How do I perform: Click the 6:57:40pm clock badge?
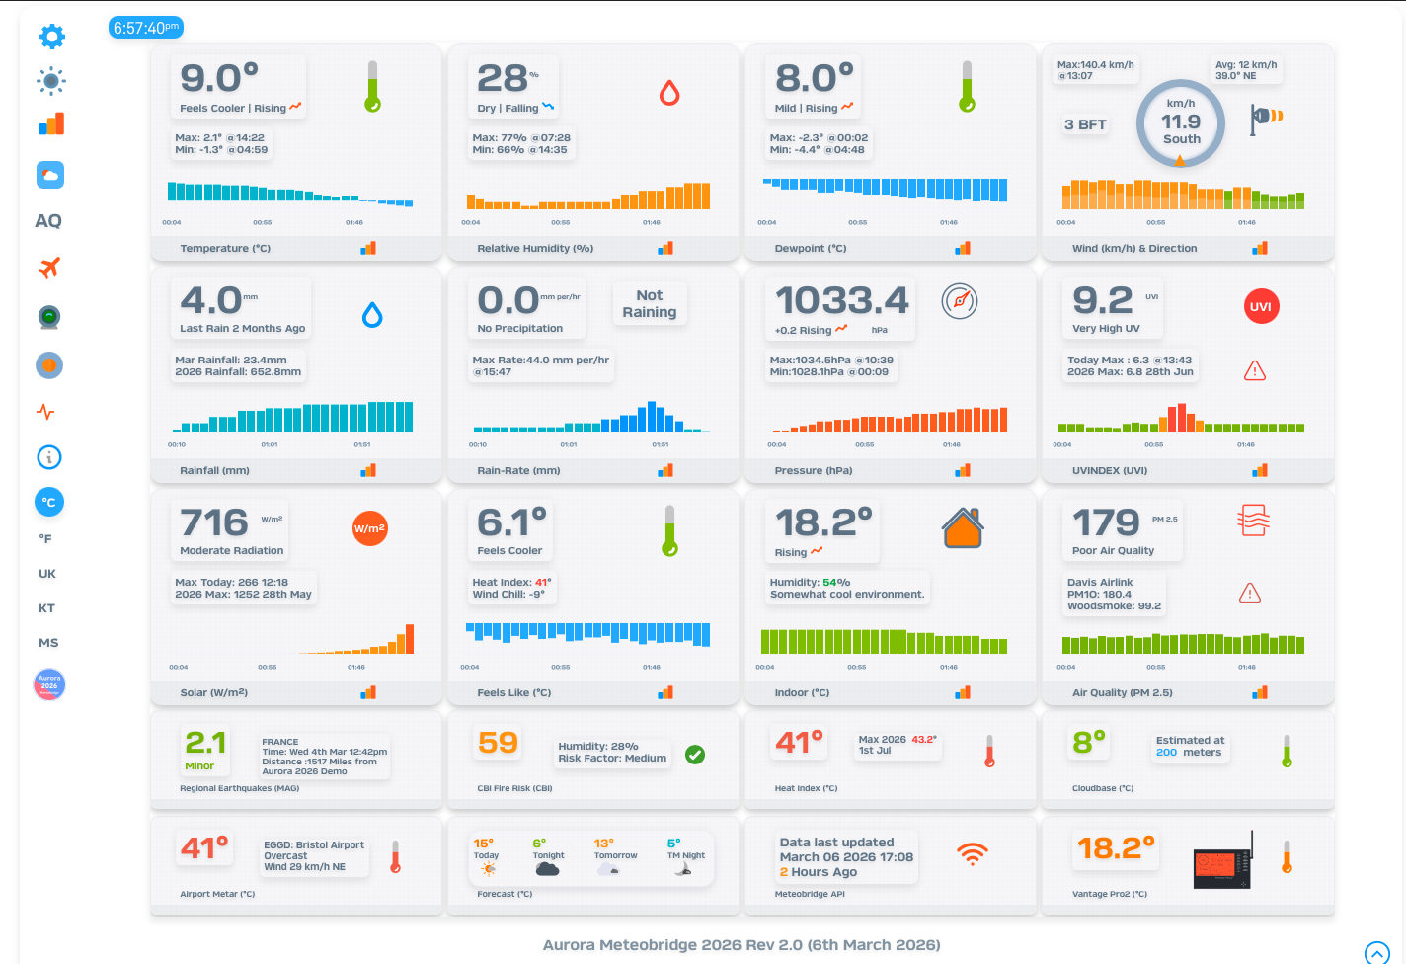(145, 28)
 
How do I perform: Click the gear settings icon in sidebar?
(51, 37)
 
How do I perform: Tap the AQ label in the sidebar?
(48, 221)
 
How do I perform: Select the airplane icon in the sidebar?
(49, 267)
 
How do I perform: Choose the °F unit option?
(45, 539)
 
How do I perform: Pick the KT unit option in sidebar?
(46, 608)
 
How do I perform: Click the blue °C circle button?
(49, 502)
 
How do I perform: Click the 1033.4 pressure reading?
(841, 300)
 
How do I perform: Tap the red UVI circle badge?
(1260, 306)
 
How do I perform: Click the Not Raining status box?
(649, 304)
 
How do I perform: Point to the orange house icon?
(962, 527)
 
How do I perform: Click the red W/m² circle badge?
(369, 528)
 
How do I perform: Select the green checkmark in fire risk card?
(695, 755)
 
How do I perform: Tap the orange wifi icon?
(973, 854)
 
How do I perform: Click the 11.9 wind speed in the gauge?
(1181, 122)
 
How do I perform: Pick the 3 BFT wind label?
(1085, 124)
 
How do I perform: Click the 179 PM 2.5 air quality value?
(1106, 522)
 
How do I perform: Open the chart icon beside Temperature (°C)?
(368, 248)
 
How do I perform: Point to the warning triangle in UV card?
(1254, 371)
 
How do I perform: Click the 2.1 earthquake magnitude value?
(205, 743)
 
